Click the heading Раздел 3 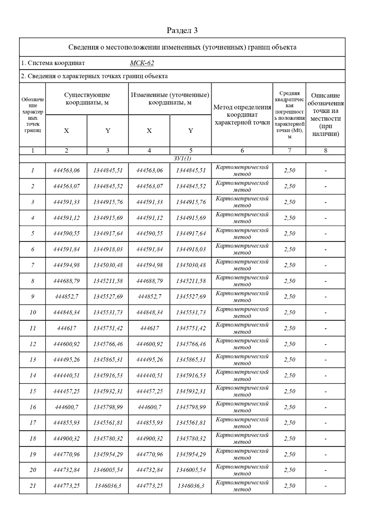coord(182,30)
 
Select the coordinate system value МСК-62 coord(142,63)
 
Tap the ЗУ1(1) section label coord(182,158)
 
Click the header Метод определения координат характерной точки coord(242,115)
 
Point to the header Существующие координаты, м coord(87,99)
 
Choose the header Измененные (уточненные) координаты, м coord(170,99)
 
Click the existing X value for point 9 coord(66,297)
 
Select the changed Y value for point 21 coord(191,486)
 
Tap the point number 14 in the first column coord(32,375)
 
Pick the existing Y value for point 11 coord(108,328)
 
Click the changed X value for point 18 coord(149,438)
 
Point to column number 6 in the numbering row coord(242,151)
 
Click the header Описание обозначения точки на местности coord(326,115)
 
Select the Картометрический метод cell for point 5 coord(242,233)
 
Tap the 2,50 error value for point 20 coord(289,470)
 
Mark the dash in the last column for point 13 coord(326,360)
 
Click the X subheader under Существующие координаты coord(66,131)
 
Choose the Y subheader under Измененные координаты coord(191,131)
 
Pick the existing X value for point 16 coord(66,407)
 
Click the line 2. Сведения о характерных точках coord(94,76)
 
